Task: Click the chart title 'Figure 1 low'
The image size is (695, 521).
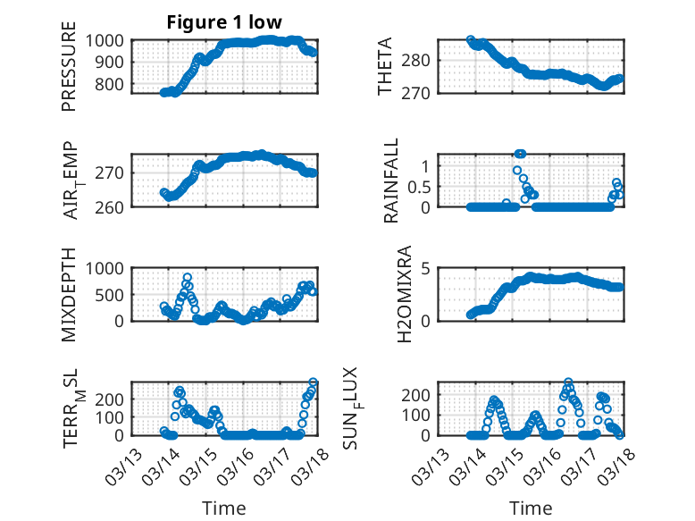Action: pos(224,23)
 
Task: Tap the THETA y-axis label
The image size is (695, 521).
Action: pos(385,67)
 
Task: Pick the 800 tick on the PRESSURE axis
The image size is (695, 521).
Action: pos(113,85)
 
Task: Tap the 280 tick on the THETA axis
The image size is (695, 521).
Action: pos(420,60)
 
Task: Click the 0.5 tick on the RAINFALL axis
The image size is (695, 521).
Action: pos(420,186)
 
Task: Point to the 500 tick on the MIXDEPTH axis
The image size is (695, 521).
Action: pos(113,294)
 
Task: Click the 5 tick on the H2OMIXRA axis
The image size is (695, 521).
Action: pos(427,268)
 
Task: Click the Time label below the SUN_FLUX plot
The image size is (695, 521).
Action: pos(531,508)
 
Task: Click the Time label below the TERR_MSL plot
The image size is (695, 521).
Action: pos(224,508)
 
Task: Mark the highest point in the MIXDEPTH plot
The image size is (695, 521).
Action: pos(188,277)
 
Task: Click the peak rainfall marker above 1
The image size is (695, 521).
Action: pos(520,154)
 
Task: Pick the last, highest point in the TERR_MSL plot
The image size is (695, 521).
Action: pos(314,382)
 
